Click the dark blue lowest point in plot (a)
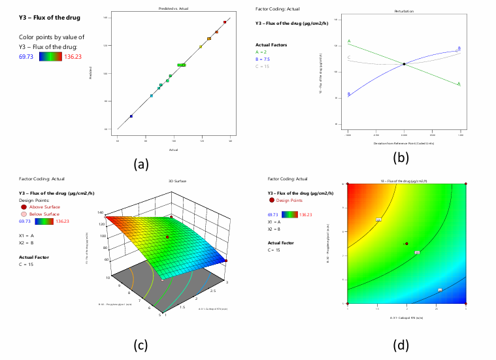[131, 116]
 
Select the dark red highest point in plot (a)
[224, 22]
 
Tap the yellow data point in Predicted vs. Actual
[201, 46]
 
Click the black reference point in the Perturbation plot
[404, 64]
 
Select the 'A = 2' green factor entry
[261, 51]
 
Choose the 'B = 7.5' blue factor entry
[263, 59]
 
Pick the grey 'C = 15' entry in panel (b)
[261, 66]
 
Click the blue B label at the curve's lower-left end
[349, 94]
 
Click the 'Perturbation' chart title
[404, 11]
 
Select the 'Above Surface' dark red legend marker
[24, 206]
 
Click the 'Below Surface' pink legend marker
[24, 214]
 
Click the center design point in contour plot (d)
[406, 244]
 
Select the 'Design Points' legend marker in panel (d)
[271, 201]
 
